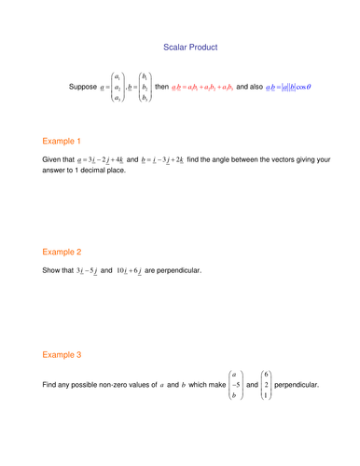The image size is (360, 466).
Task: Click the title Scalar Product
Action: [190, 46]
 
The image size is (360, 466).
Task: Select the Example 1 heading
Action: [62, 142]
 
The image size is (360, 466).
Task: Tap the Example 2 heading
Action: [62, 252]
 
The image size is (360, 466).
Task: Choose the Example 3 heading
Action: [62, 355]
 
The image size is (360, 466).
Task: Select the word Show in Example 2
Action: [53, 271]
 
